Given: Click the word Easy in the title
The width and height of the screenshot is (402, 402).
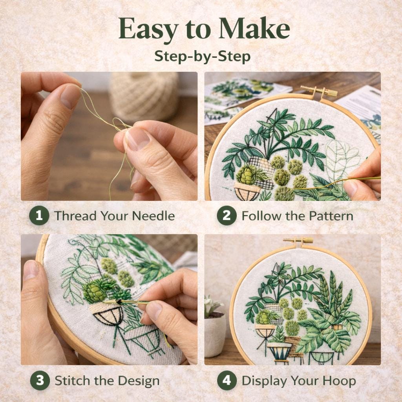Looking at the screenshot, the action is click(x=148, y=29).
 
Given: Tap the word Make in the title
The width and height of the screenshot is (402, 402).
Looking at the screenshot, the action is click(x=254, y=28).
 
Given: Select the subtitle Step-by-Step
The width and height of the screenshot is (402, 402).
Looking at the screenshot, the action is click(x=203, y=57).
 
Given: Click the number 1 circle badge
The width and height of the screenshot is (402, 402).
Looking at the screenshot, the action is click(x=39, y=216).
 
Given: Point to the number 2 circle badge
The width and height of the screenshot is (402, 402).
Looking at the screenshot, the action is click(x=227, y=216).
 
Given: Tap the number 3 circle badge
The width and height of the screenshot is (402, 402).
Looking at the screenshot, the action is click(x=40, y=380).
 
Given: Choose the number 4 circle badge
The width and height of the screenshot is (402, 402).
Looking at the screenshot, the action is click(x=227, y=380).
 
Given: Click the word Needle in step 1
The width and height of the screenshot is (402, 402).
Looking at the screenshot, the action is click(x=153, y=216).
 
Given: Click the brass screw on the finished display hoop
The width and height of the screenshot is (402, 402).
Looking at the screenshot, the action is click(x=298, y=240).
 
